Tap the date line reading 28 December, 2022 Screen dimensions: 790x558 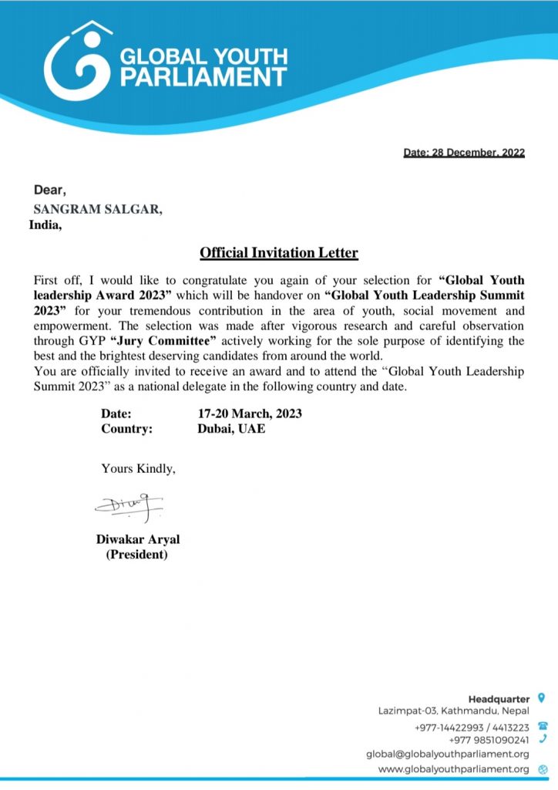[464, 153]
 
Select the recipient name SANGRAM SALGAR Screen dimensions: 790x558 [97, 209]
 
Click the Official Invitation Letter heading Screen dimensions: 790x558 [279, 252]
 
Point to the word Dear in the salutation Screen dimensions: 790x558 [50, 190]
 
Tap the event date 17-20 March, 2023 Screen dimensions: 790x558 [249, 414]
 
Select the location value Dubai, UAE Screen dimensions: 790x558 [231, 429]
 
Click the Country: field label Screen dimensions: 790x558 [126, 429]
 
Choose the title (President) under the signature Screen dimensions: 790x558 [136, 555]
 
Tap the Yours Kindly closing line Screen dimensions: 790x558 [138, 468]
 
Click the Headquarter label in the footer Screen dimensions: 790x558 [499, 699]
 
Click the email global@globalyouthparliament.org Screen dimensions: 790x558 [447, 755]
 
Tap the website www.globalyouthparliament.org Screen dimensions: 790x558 [453, 770]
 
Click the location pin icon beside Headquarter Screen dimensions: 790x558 [542, 698]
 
